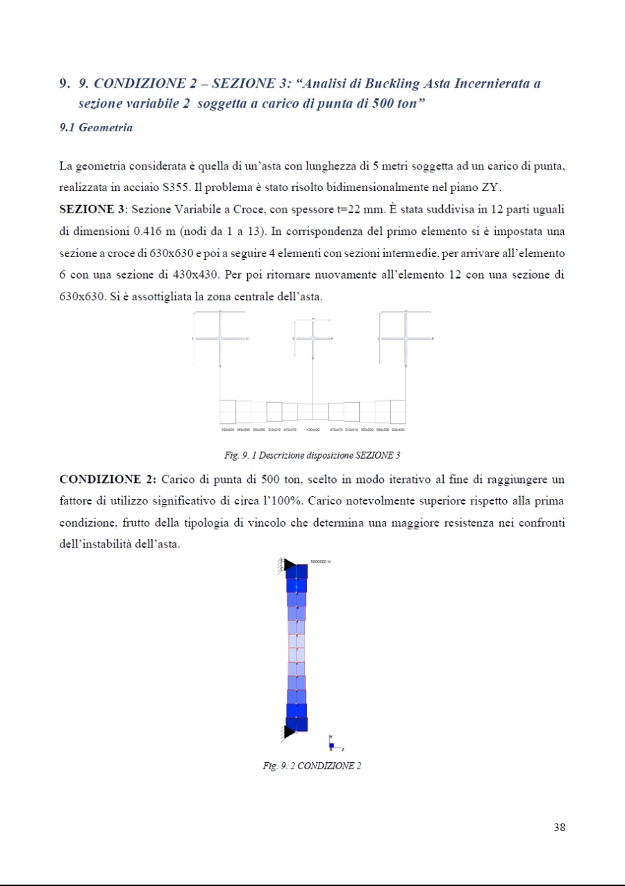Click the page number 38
560,827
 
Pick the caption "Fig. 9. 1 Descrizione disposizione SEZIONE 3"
312,455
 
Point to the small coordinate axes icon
333,744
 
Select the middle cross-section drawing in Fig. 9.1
312,338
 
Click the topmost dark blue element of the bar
297,572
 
